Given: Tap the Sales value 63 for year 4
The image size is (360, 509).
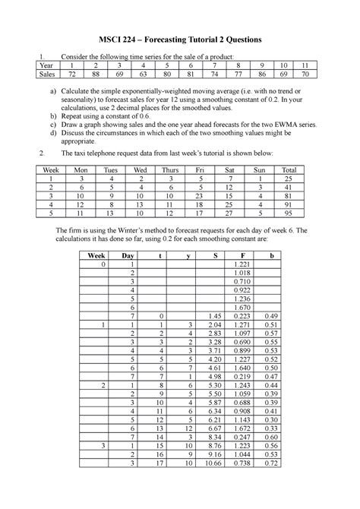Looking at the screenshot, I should (x=156, y=77).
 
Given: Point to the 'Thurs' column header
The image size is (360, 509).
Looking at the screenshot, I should (x=171, y=172).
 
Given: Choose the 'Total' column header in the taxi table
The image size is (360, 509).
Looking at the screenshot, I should (x=288, y=172).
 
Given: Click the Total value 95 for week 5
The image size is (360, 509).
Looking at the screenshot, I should (x=288, y=213).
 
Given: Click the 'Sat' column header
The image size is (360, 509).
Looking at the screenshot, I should (x=229, y=172).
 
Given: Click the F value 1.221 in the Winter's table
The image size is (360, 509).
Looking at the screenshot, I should (x=242, y=264).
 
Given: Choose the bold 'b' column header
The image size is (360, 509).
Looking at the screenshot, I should (x=269, y=256).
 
